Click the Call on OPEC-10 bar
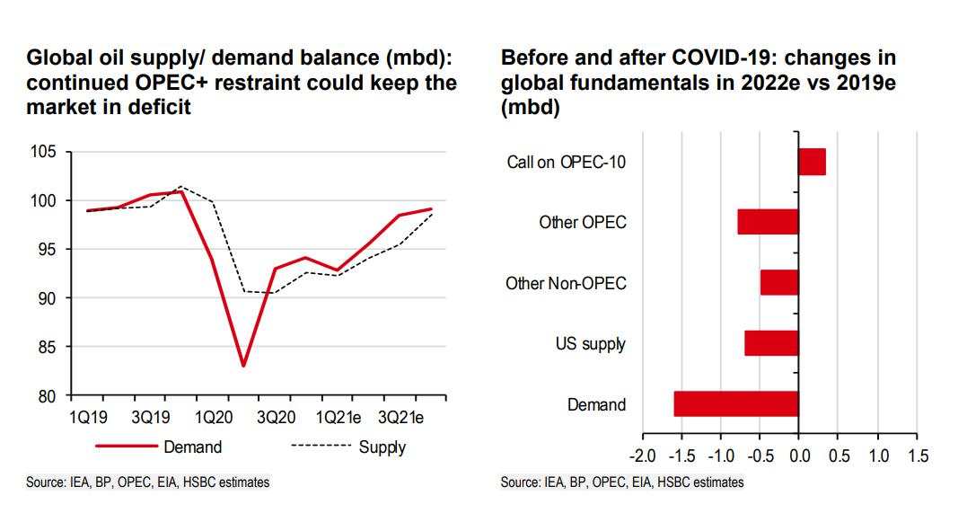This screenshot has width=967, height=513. (x=812, y=163)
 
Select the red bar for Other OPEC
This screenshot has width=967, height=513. (x=768, y=222)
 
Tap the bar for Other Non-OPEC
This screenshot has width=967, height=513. (x=779, y=282)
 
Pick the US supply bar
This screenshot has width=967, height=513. (x=771, y=343)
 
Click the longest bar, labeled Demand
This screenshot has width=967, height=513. (x=736, y=403)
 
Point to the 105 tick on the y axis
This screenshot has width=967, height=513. (x=45, y=152)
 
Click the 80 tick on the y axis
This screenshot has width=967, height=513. (x=48, y=395)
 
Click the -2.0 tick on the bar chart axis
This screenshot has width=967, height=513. (x=643, y=456)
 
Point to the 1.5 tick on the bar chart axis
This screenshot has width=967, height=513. (x=918, y=456)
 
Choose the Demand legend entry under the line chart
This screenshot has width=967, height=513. (x=192, y=447)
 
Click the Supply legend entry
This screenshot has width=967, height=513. (x=382, y=447)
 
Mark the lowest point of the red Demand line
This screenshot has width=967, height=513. (x=243, y=366)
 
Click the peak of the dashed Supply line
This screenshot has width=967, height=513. (x=181, y=187)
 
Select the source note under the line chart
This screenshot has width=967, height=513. (x=147, y=482)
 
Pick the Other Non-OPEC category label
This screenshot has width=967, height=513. (x=567, y=283)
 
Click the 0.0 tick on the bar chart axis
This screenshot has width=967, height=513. (x=798, y=456)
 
